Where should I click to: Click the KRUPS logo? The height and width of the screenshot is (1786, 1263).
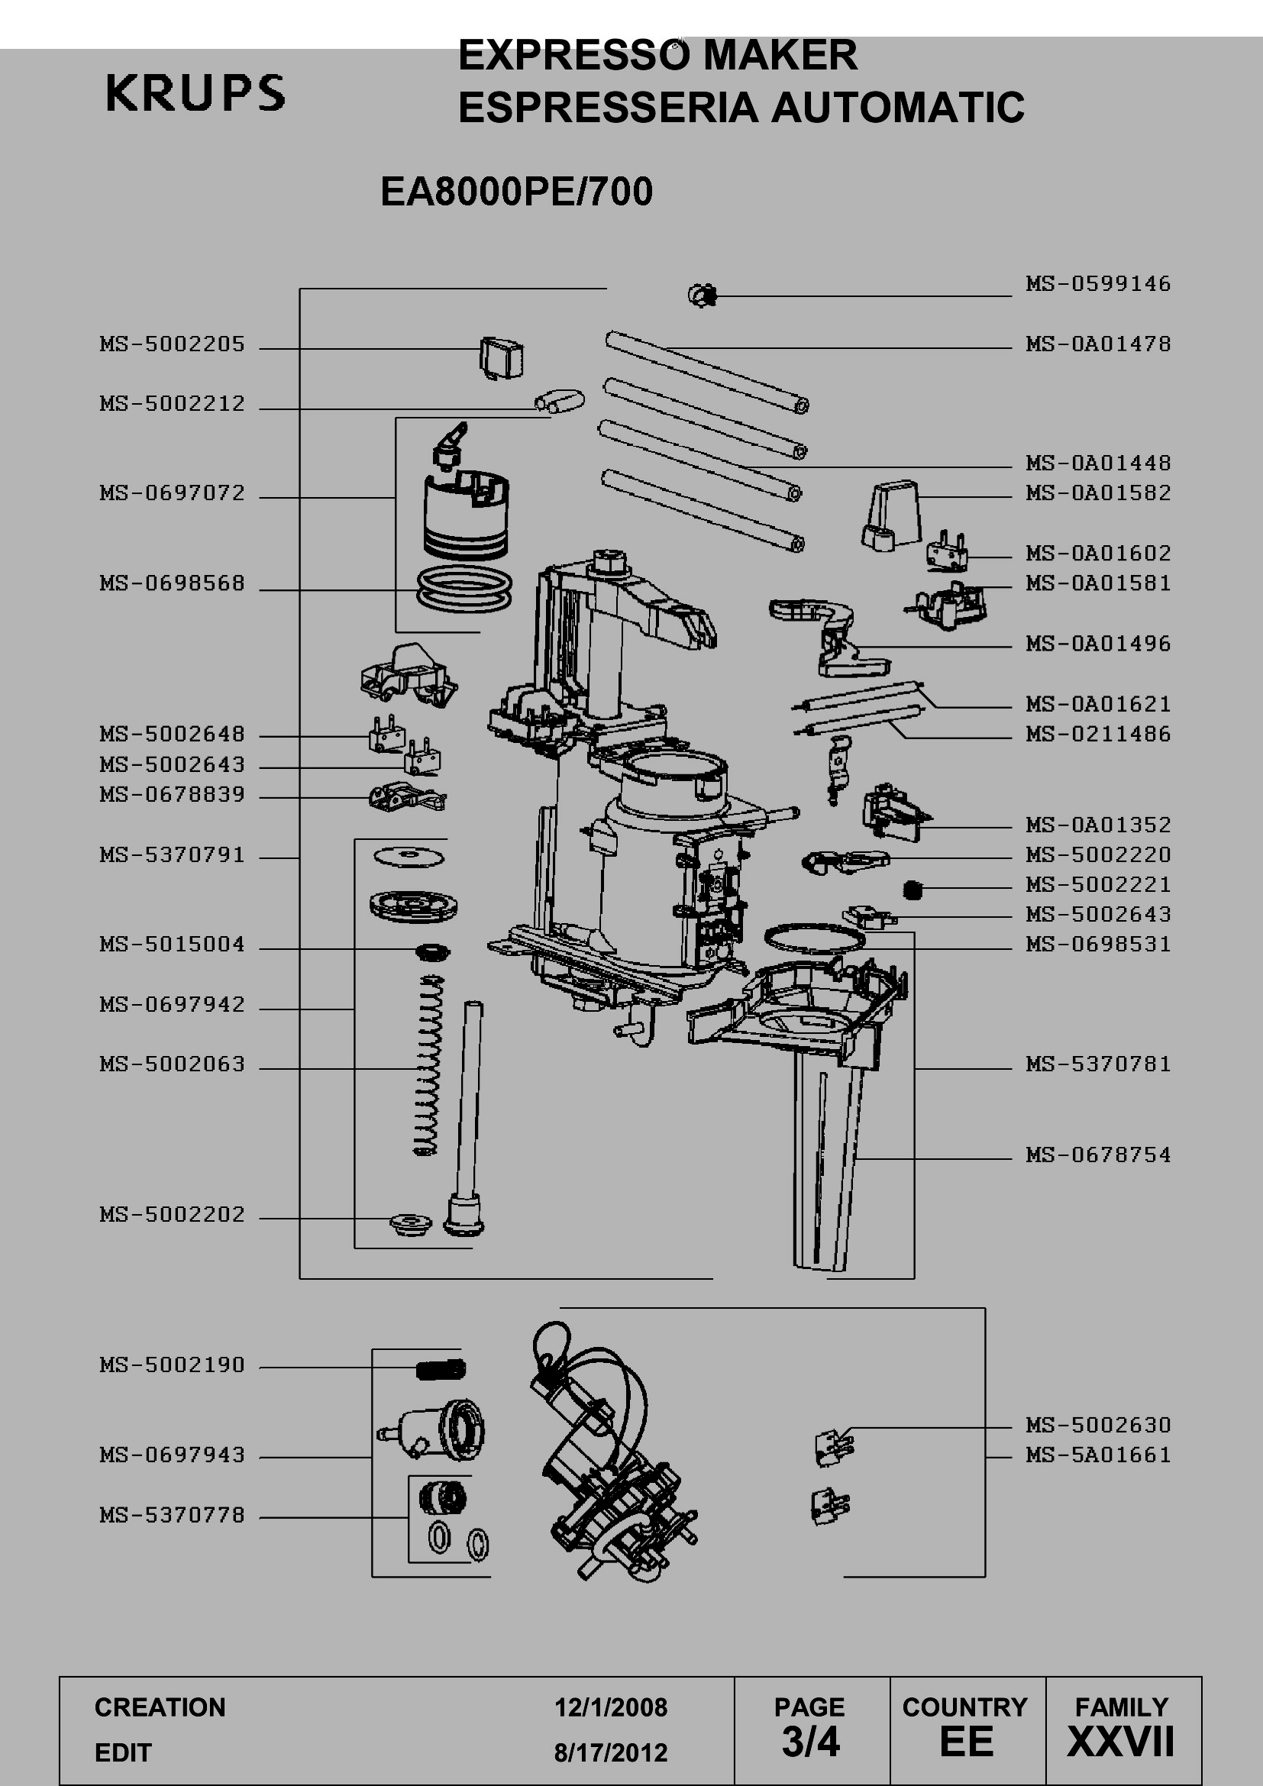(195, 92)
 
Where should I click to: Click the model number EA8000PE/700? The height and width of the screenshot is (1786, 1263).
(516, 192)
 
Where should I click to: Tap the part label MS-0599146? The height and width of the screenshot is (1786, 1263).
(1098, 283)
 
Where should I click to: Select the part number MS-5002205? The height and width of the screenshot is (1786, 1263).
(172, 344)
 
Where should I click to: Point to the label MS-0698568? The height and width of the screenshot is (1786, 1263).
(172, 583)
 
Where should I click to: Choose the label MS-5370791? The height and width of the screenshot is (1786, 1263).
(172, 856)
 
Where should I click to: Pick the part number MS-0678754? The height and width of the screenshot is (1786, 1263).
(1098, 1155)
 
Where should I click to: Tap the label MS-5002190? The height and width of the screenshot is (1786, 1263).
(172, 1365)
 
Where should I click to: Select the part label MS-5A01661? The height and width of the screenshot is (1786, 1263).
(1098, 1455)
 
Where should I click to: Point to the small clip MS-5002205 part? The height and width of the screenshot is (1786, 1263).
(500, 357)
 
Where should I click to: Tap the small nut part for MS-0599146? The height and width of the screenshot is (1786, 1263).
(703, 295)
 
